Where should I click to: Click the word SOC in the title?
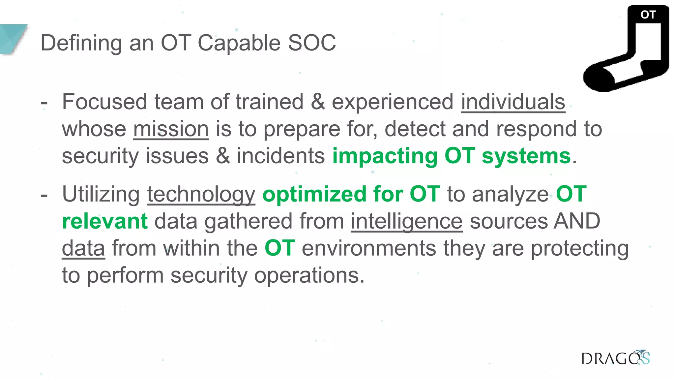coord(312,43)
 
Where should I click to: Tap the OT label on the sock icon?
coord(648,15)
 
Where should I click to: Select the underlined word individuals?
coord(513,102)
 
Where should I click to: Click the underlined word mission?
coord(171,129)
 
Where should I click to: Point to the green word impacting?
coord(385,156)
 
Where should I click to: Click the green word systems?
coord(526,156)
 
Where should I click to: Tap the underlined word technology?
coord(201,194)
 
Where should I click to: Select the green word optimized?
coord(314,194)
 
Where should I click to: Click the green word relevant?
coord(105,221)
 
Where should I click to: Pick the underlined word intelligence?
coord(407,221)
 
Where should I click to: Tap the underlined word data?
coord(83,248)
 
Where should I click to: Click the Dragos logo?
coord(615,358)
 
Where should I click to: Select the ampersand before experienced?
coord(317,102)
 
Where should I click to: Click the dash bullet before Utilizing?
coord(44,195)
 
